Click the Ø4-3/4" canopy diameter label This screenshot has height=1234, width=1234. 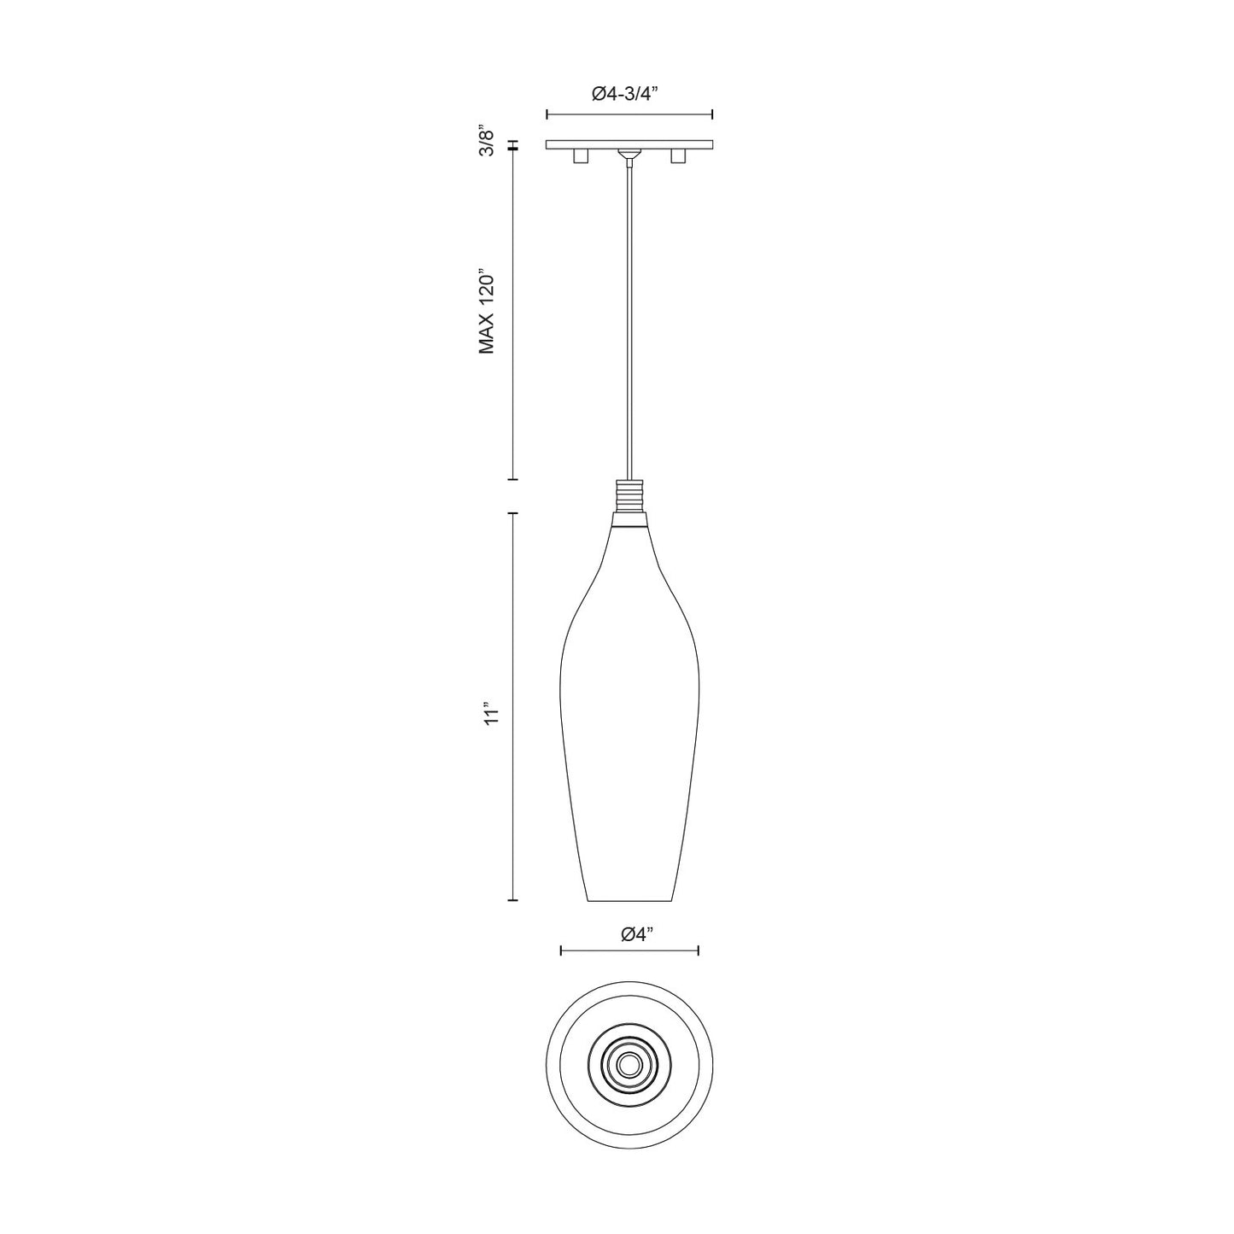(x=629, y=96)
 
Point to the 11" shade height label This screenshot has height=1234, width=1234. (x=489, y=716)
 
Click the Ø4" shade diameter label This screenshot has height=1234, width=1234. (x=638, y=934)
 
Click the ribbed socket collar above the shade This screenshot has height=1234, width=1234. (x=629, y=495)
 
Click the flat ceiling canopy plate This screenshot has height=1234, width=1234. (x=629, y=144)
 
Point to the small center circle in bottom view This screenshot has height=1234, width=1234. (x=629, y=1064)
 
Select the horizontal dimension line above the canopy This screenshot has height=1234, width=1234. (x=629, y=114)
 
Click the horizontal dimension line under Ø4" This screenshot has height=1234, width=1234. (x=629, y=950)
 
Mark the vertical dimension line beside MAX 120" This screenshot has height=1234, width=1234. (x=512, y=316)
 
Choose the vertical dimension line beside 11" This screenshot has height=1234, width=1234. (x=512, y=706)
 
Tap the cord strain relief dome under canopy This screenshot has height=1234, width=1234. (x=629, y=155)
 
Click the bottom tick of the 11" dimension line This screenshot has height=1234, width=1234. (x=512, y=900)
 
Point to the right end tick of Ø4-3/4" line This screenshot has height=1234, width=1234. (x=712, y=114)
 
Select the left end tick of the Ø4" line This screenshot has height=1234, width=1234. (x=560, y=950)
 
